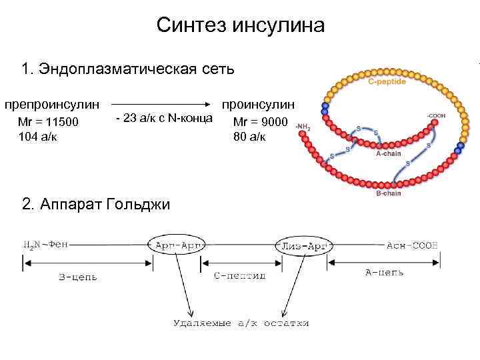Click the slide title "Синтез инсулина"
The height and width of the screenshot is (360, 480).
click(240, 26)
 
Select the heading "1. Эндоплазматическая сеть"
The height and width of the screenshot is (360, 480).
click(128, 69)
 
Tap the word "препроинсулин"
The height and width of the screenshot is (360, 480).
click(53, 105)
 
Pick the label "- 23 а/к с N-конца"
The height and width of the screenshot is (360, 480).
click(164, 119)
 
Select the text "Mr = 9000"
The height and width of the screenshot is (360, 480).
click(261, 123)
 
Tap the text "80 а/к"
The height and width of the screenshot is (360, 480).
click(249, 137)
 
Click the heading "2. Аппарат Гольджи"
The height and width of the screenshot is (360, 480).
click(96, 204)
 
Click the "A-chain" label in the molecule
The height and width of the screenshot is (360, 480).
click(389, 153)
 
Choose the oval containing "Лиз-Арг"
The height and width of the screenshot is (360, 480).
click(303, 245)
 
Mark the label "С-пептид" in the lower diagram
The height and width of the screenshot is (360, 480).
click(240, 275)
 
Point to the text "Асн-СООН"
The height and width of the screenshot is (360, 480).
click(413, 245)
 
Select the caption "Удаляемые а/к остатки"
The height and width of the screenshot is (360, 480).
click(241, 323)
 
